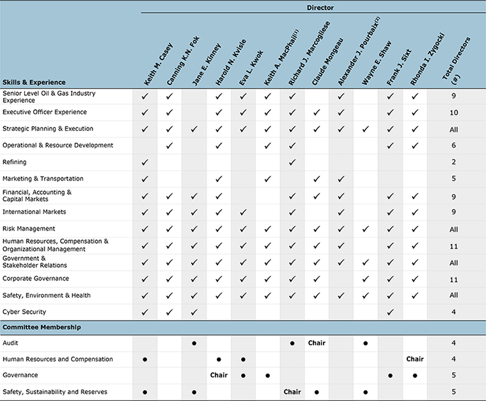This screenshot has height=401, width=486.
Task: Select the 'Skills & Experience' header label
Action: click(x=34, y=82)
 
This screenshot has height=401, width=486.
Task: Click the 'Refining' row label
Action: click(x=15, y=162)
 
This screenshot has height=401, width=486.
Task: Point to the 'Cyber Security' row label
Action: click(x=24, y=312)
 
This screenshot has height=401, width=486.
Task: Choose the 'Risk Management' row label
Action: click(x=29, y=229)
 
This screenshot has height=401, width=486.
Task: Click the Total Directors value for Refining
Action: click(x=453, y=162)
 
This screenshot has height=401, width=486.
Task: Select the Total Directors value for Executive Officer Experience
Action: click(x=453, y=112)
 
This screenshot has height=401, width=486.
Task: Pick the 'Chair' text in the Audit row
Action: click(x=317, y=343)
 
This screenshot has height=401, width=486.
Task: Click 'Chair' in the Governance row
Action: click(x=219, y=375)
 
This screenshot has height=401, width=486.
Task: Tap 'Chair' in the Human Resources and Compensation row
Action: click(x=414, y=359)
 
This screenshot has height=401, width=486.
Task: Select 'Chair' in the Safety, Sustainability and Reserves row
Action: click(x=292, y=392)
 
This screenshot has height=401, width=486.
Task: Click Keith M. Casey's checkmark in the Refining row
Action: click(x=145, y=162)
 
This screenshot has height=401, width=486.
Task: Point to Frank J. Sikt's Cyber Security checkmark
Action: click(x=390, y=312)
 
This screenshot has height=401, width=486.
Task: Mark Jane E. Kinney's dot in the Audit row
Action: click(x=194, y=343)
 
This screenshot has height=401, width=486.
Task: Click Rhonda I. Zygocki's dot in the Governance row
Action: click(x=414, y=376)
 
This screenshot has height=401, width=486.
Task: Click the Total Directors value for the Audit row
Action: click(x=453, y=343)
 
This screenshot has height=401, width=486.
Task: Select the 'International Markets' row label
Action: click(x=35, y=212)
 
